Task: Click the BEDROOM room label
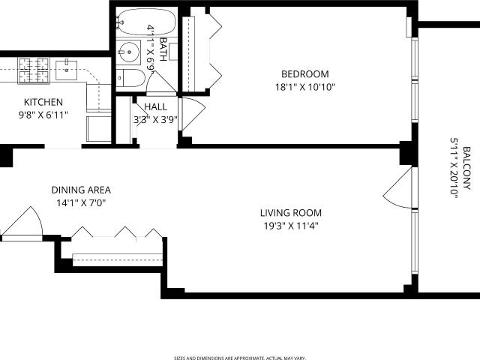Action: [x=305, y=74]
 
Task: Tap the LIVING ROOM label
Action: [x=291, y=213]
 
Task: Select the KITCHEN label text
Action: [x=43, y=102]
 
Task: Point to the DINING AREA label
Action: [x=81, y=190]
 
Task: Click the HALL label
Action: [x=155, y=106]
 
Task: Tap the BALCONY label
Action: [x=466, y=168]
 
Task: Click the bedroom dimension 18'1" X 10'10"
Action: [x=305, y=87]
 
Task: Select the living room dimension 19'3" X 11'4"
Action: [x=291, y=226]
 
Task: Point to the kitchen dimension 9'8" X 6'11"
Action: [x=43, y=115]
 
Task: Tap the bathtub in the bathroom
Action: [x=146, y=22]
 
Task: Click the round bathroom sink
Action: [x=129, y=52]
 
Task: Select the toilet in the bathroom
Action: [x=130, y=78]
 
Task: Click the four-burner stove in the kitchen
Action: [x=34, y=70]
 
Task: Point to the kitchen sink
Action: [x=66, y=70]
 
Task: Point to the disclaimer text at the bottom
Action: [x=240, y=358]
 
